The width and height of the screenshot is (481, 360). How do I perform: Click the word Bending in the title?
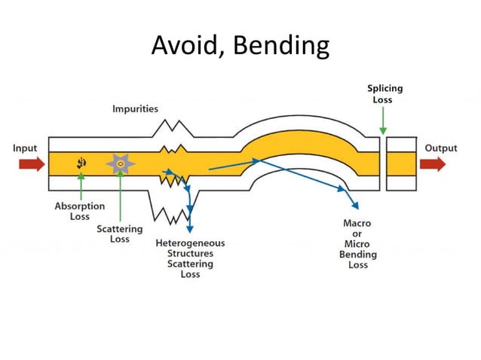click(x=282, y=46)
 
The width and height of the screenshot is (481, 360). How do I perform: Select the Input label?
click(x=25, y=148)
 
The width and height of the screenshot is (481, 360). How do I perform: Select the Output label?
click(x=440, y=148)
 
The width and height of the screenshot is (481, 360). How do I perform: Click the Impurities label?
click(x=136, y=108)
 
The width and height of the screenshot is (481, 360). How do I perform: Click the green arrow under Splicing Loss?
click(x=383, y=121)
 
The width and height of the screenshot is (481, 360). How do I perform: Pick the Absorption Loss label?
click(x=80, y=211)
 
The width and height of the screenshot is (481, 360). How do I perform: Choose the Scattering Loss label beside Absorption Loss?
click(x=119, y=233)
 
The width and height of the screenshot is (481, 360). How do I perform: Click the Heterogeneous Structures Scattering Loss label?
click(x=190, y=259)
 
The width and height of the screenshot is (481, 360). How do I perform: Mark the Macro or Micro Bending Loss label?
click(x=357, y=244)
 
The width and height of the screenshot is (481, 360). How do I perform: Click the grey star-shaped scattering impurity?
click(x=120, y=163)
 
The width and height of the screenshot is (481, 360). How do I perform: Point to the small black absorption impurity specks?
click(x=80, y=163)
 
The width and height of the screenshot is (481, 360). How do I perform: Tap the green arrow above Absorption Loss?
click(x=80, y=185)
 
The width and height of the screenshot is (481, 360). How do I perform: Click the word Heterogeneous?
click(x=190, y=243)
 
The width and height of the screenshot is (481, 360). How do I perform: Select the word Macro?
click(x=357, y=224)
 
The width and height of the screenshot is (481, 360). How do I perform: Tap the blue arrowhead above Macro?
click(x=354, y=205)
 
